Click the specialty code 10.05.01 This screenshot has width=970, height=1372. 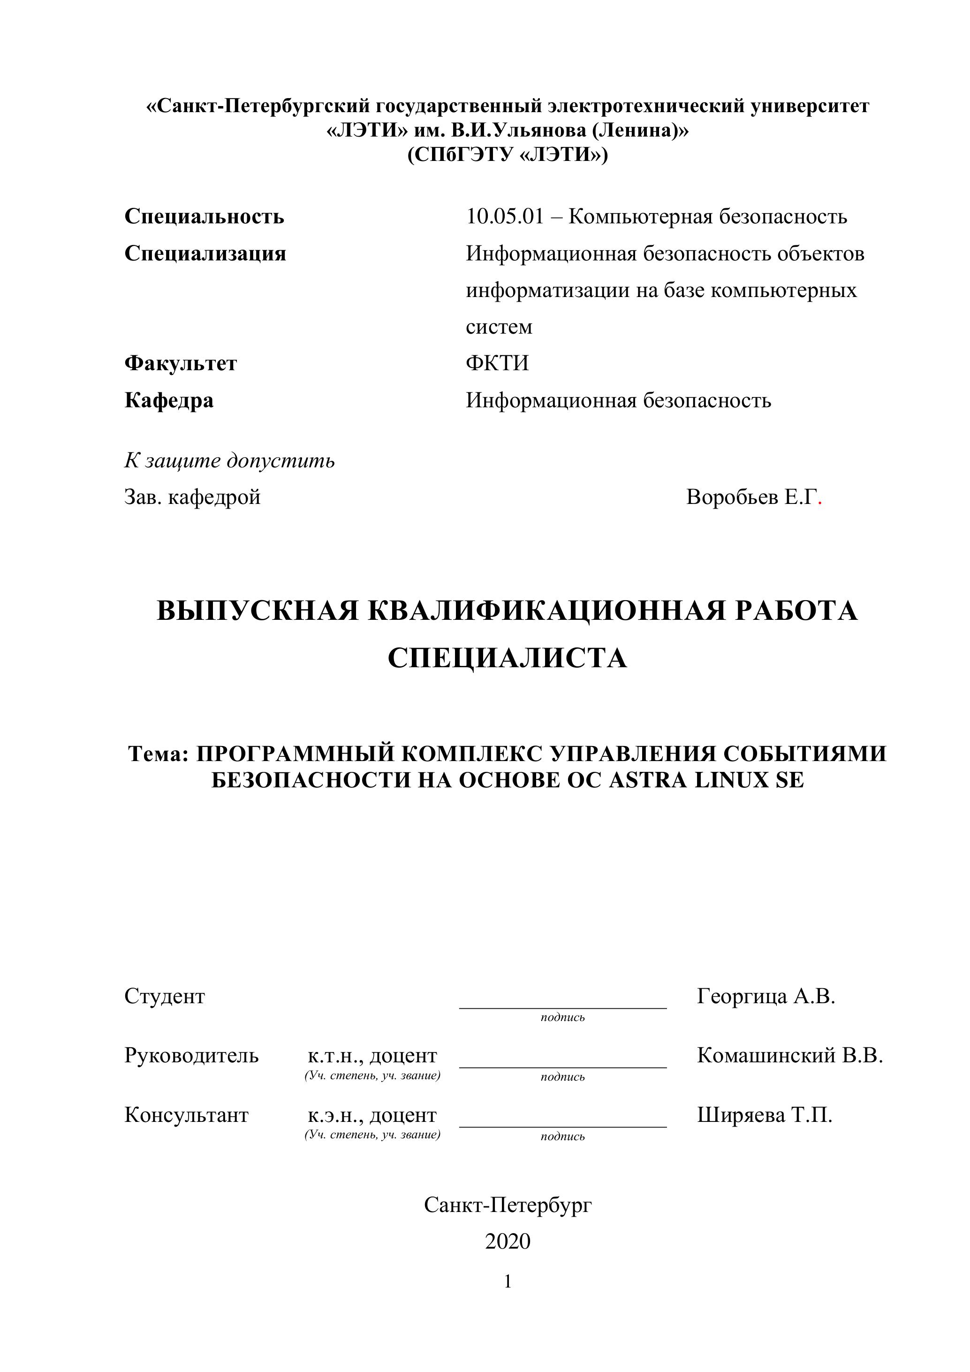click(x=505, y=216)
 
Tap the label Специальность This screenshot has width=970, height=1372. click(x=205, y=216)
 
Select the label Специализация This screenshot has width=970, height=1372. click(x=205, y=253)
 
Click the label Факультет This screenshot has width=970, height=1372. click(x=181, y=363)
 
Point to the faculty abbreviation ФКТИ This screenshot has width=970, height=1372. click(x=497, y=363)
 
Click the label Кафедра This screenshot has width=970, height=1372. click(x=169, y=400)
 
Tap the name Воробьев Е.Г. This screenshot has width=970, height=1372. click(x=750, y=497)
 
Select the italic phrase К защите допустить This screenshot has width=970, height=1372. click(x=229, y=461)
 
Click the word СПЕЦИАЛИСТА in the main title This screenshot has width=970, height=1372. click(x=507, y=658)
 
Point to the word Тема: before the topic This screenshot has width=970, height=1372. click(x=158, y=754)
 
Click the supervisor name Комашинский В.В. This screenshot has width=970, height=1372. click(x=789, y=1056)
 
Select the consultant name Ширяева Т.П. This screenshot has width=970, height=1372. click(x=765, y=1115)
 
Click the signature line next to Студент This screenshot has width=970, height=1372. click(x=563, y=1007)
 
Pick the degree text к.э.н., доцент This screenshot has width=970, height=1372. click(x=372, y=1115)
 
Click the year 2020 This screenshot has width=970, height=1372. click(x=508, y=1241)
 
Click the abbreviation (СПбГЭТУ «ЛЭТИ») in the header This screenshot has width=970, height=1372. click(x=508, y=155)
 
